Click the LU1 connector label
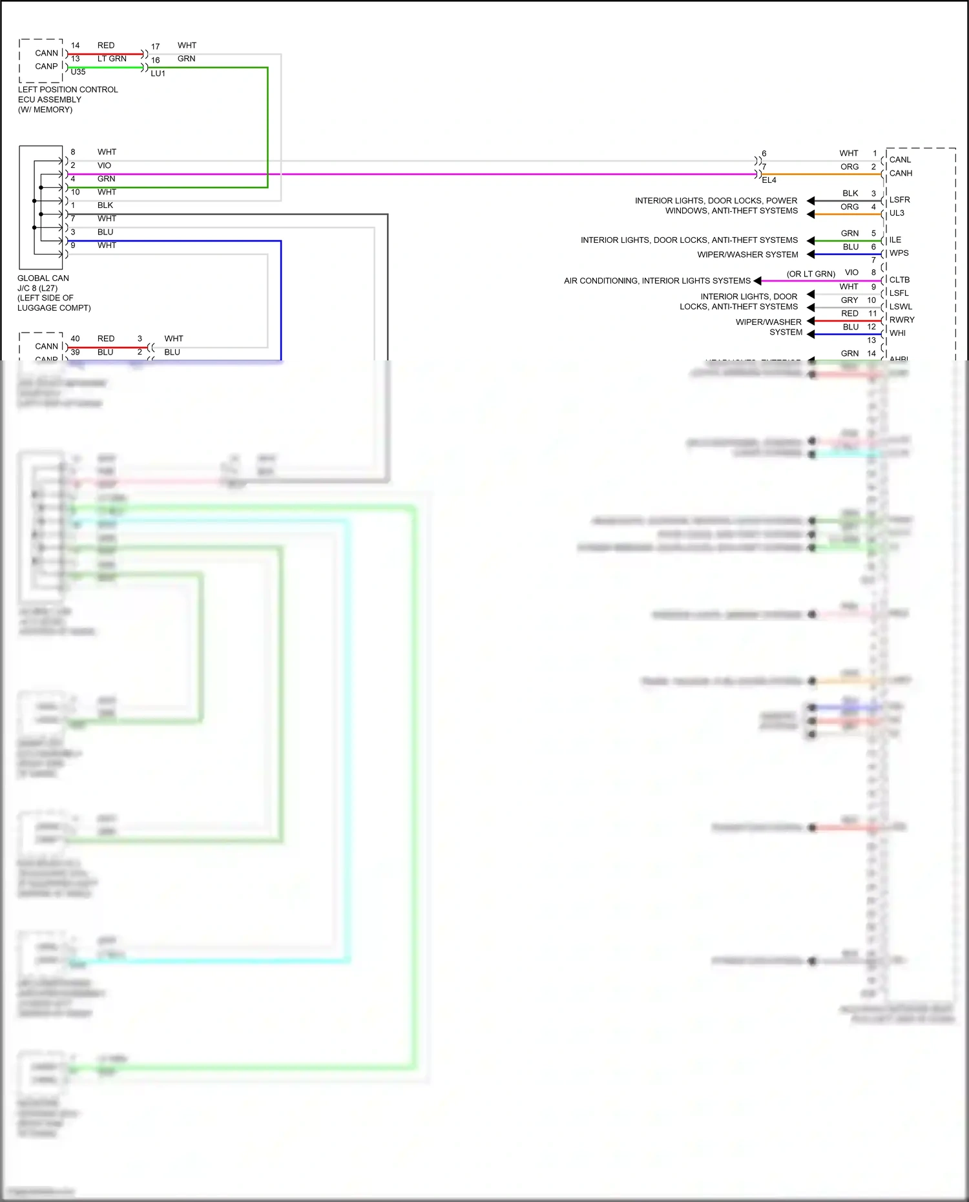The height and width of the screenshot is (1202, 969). [x=158, y=74]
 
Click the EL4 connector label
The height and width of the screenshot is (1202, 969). [x=769, y=180]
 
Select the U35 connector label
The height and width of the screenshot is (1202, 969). [x=78, y=72]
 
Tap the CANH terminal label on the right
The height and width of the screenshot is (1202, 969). [x=901, y=173]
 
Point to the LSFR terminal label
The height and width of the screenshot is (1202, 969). [x=899, y=200]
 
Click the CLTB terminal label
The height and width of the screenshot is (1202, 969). [x=899, y=280]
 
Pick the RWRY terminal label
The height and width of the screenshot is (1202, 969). [x=902, y=320]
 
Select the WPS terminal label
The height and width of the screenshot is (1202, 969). [x=899, y=253]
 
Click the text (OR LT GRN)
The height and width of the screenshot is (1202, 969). [x=811, y=274]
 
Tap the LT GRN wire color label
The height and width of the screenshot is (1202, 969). [x=112, y=59]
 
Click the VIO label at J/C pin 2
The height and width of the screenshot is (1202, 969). [x=104, y=165]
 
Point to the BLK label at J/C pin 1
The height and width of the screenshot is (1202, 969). [x=105, y=205]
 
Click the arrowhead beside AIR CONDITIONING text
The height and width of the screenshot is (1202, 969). [x=757, y=281]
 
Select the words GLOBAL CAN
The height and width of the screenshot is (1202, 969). [x=43, y=278]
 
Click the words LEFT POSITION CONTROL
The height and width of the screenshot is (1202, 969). [x=68, y=90]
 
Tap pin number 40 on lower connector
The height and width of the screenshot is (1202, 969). [x=75, y=338]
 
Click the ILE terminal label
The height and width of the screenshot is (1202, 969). [x=895, y=240]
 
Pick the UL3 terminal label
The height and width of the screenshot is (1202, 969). [x=897, y=213]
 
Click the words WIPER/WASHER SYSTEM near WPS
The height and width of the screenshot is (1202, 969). [x=747, y=254]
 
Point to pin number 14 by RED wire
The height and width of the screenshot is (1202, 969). [x=75, y=45]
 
